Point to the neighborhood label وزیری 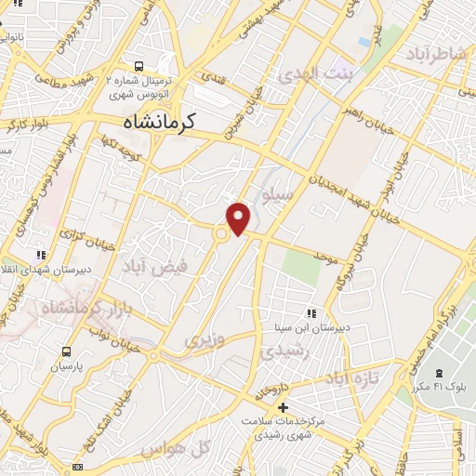click(x=205, y=340)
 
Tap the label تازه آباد click(x=354, y=379)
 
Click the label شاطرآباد click(x=434, y=55)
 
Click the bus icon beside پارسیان click(x=66, y=352)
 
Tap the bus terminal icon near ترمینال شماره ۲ click(x=139, y=66)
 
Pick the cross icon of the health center click(x=283, y=408)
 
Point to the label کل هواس click(x=178, y=448)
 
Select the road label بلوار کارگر click(x=28, y=120)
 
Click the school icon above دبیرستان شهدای click(x=41, y=254)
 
